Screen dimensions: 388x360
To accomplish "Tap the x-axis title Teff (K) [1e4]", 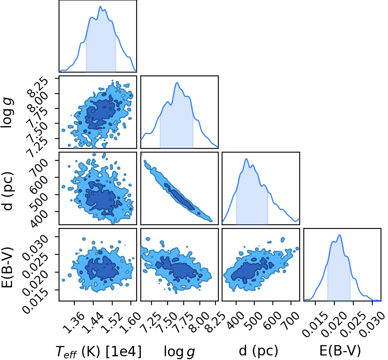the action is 99,351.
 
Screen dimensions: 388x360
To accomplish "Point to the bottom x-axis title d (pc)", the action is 258,351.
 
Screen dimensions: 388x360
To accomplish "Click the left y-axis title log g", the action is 7,113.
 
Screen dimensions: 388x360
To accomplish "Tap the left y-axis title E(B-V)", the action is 7,267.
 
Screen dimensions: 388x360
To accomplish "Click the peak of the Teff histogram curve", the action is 100,7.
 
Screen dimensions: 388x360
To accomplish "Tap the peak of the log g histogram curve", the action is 177,82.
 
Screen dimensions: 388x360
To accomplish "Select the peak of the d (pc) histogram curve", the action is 246,159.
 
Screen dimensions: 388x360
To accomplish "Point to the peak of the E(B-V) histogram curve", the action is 339,235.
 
